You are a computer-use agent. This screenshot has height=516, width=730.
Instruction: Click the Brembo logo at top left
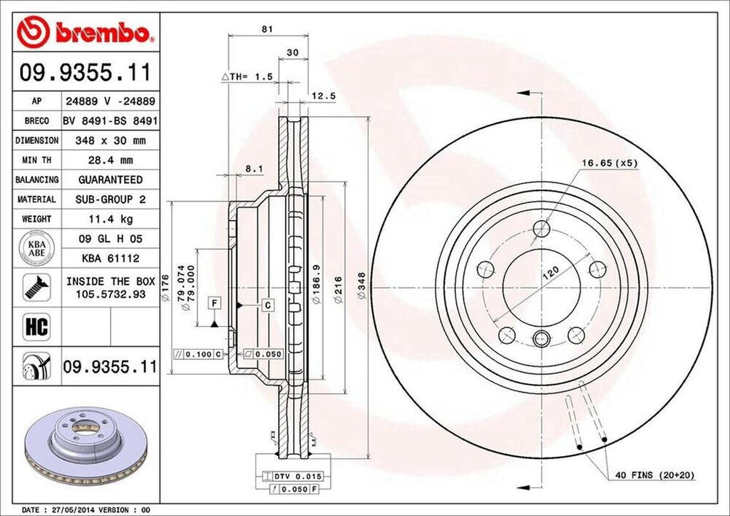tap(85, 32)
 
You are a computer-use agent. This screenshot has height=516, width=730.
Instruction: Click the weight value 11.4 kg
tap(110, 219)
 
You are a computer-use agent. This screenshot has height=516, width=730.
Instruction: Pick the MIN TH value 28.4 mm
tap(110, 160)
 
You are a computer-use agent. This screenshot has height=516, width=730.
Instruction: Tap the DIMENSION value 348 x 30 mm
tap(110, 141)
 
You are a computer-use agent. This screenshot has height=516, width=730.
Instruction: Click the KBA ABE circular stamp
tap(35, 247)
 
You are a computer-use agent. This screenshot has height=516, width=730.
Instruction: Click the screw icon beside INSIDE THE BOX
tap(35, 287)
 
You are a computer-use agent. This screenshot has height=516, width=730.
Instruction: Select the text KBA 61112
tap(110, 258)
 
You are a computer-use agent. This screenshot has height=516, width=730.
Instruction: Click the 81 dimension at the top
tap(267, 29)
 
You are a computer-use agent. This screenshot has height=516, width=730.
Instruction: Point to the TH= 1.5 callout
tap(247, 76)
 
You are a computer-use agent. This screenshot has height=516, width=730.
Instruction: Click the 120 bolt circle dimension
tap(550, 273)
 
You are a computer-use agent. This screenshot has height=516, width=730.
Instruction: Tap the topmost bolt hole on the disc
tap(542, 229)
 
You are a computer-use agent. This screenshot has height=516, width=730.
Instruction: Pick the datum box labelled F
tap(213, 304)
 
